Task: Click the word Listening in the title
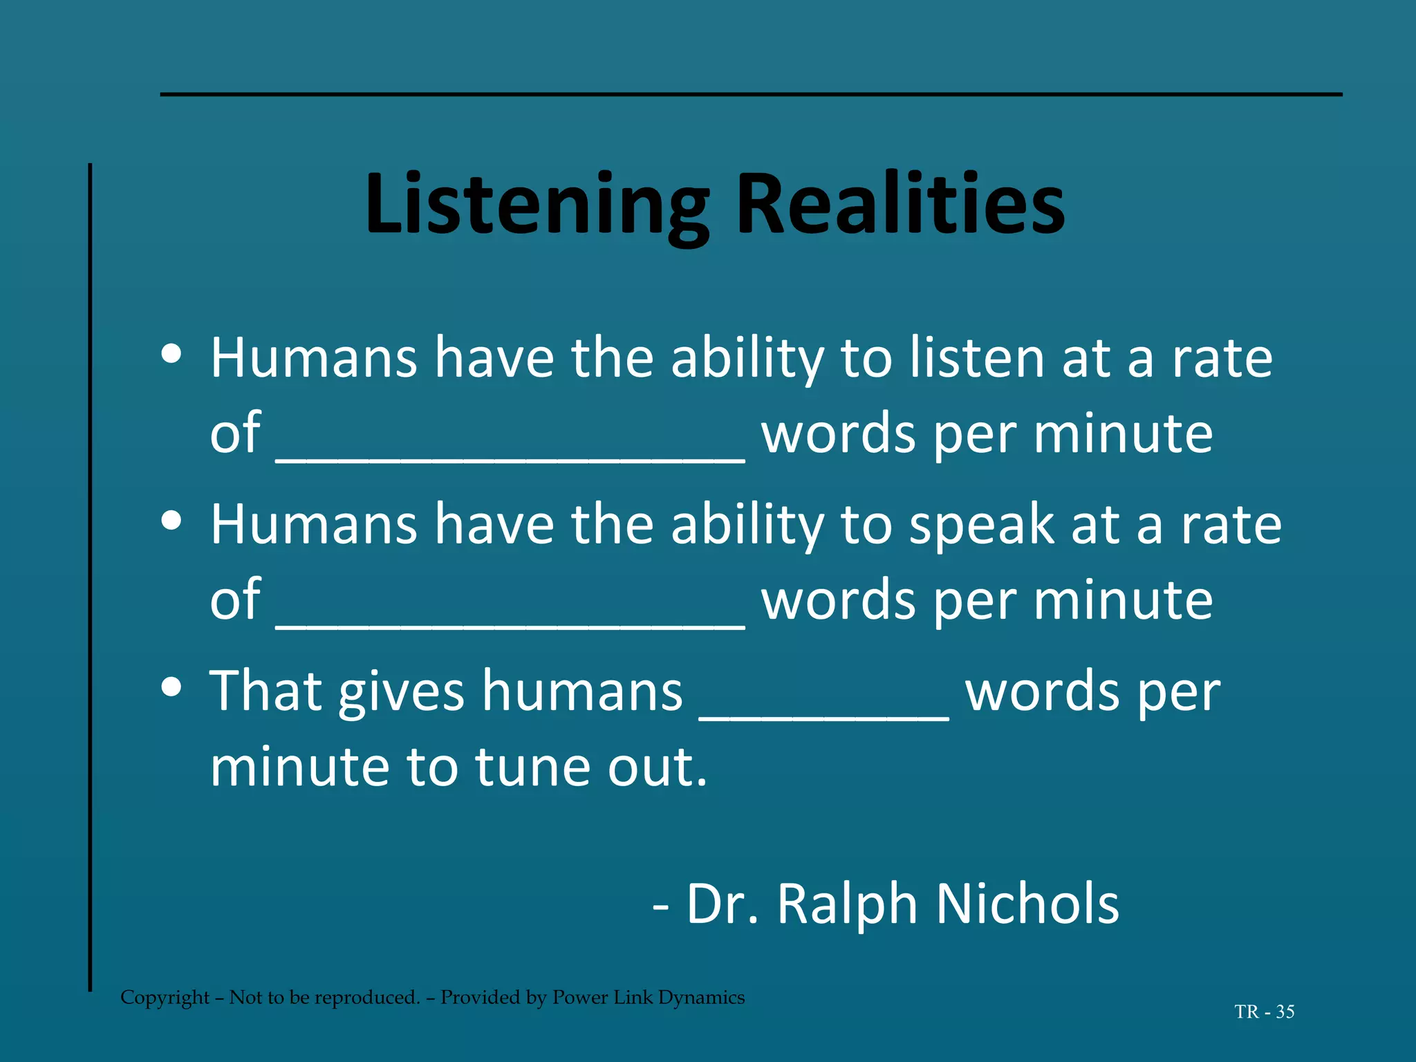coord(537,205)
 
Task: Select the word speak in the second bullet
coord(981,525)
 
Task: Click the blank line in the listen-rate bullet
coord(510,456)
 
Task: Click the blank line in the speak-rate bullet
coord(510,623)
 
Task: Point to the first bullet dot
coord(171,354)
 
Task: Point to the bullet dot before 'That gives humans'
coord(171,687)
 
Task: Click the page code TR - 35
coord(1265,1012)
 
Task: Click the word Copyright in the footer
coord(165,998)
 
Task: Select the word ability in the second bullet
coord(747,525)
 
